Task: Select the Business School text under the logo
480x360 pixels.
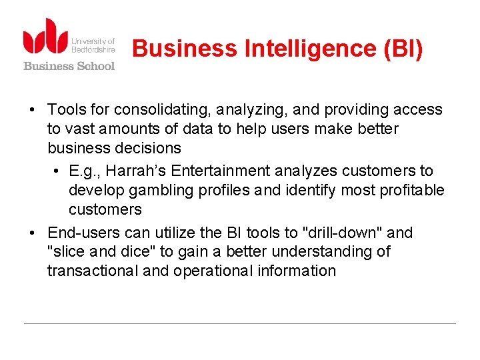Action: pyautogui.click(x=69, y=65)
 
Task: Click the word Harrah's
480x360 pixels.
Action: pyautogui.click(x=131, y=171)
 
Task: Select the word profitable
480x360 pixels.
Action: pyautogui.click(x=411, y=191)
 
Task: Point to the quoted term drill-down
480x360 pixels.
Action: pyautogui.click(x=342, y=233)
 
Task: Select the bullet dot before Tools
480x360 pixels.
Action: pyautogui.click(x=32, y=110)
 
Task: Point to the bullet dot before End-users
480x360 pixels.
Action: pyautogui.click(x=32, y=233)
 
